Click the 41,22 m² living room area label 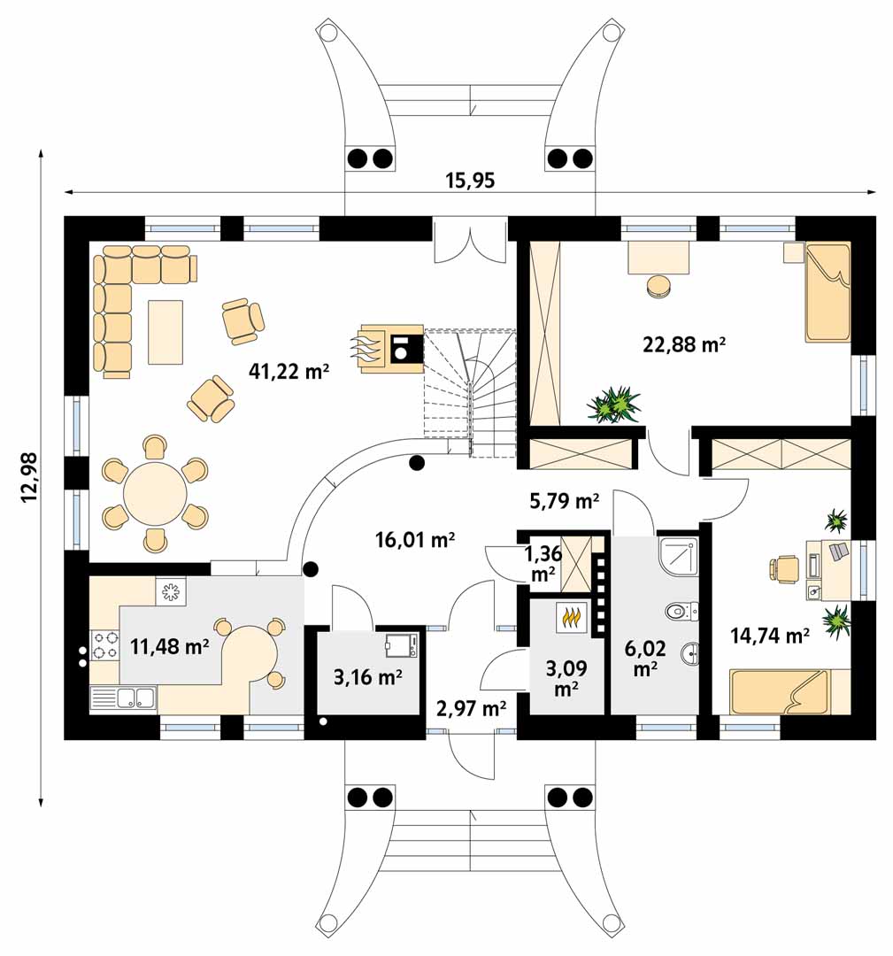(x=289, y=369)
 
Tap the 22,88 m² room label (x=684, y=344)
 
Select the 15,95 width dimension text (x=470, y=181)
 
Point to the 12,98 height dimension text (x=29, y=477)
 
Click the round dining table (x=156, y=494)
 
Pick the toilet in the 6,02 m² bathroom (x=682, y=610)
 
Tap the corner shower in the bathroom (x=679, y=556)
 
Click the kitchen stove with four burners (x=104, y=645)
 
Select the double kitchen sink (x=124, y=698)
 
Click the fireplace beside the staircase (x=392, y=348)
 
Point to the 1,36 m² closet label (x=543, y=563)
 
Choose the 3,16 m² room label (x=367, y=677)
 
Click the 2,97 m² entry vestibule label (x=471, y=708)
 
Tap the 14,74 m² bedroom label (x=770, y=636)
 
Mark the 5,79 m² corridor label (x=564, y=501)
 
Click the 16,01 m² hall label (x=415, y=539)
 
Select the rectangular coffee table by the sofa (x=166, y=332)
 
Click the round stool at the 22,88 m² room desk (x=659, y=287)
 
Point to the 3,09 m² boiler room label (x=566, y=678)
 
